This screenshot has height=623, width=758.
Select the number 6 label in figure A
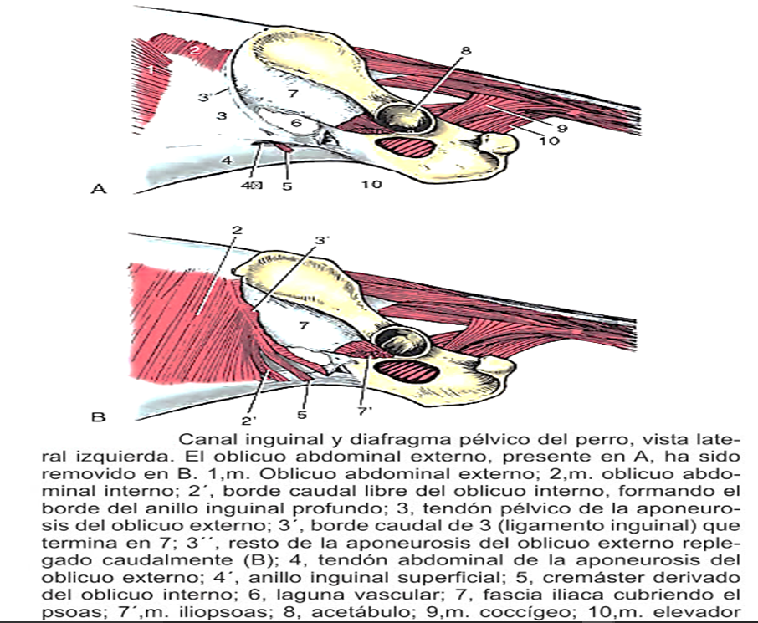295,122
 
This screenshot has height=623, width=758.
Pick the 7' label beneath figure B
364,412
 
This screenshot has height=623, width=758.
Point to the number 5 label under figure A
287,185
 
